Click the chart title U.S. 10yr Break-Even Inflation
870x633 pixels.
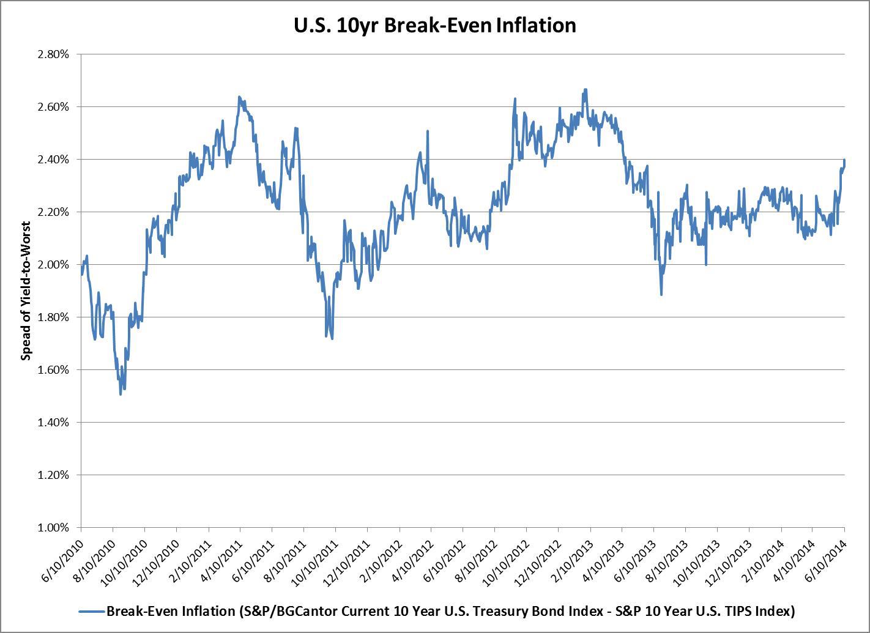(434, 26)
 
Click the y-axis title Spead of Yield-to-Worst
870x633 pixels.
(26, 291)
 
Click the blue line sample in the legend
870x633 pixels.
(92, 611)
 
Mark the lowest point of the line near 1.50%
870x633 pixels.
(121, 394)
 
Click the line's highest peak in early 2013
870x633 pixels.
(586, 89)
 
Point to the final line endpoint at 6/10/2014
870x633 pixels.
(844, 160)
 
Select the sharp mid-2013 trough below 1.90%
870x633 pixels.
(661, 295)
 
